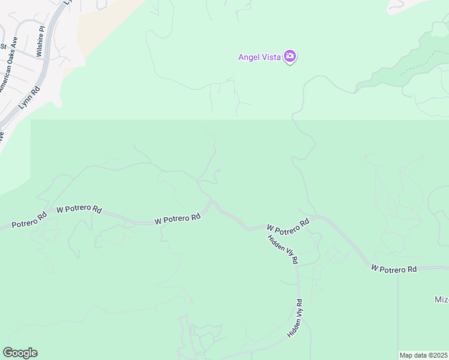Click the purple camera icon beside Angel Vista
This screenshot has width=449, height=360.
[x=291, y=57]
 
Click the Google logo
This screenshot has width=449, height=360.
[x=20, y=353]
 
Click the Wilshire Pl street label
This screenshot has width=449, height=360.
[x=40, y=41]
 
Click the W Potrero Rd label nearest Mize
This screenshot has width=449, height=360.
[x=394, y=269]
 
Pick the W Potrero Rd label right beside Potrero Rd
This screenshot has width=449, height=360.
[x=79, y=209]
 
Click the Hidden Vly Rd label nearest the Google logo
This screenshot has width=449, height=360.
[x=297, y=318]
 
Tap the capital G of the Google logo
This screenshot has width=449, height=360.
[x=8, y=352]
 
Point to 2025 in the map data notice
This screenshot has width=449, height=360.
[x=441, y=355]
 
